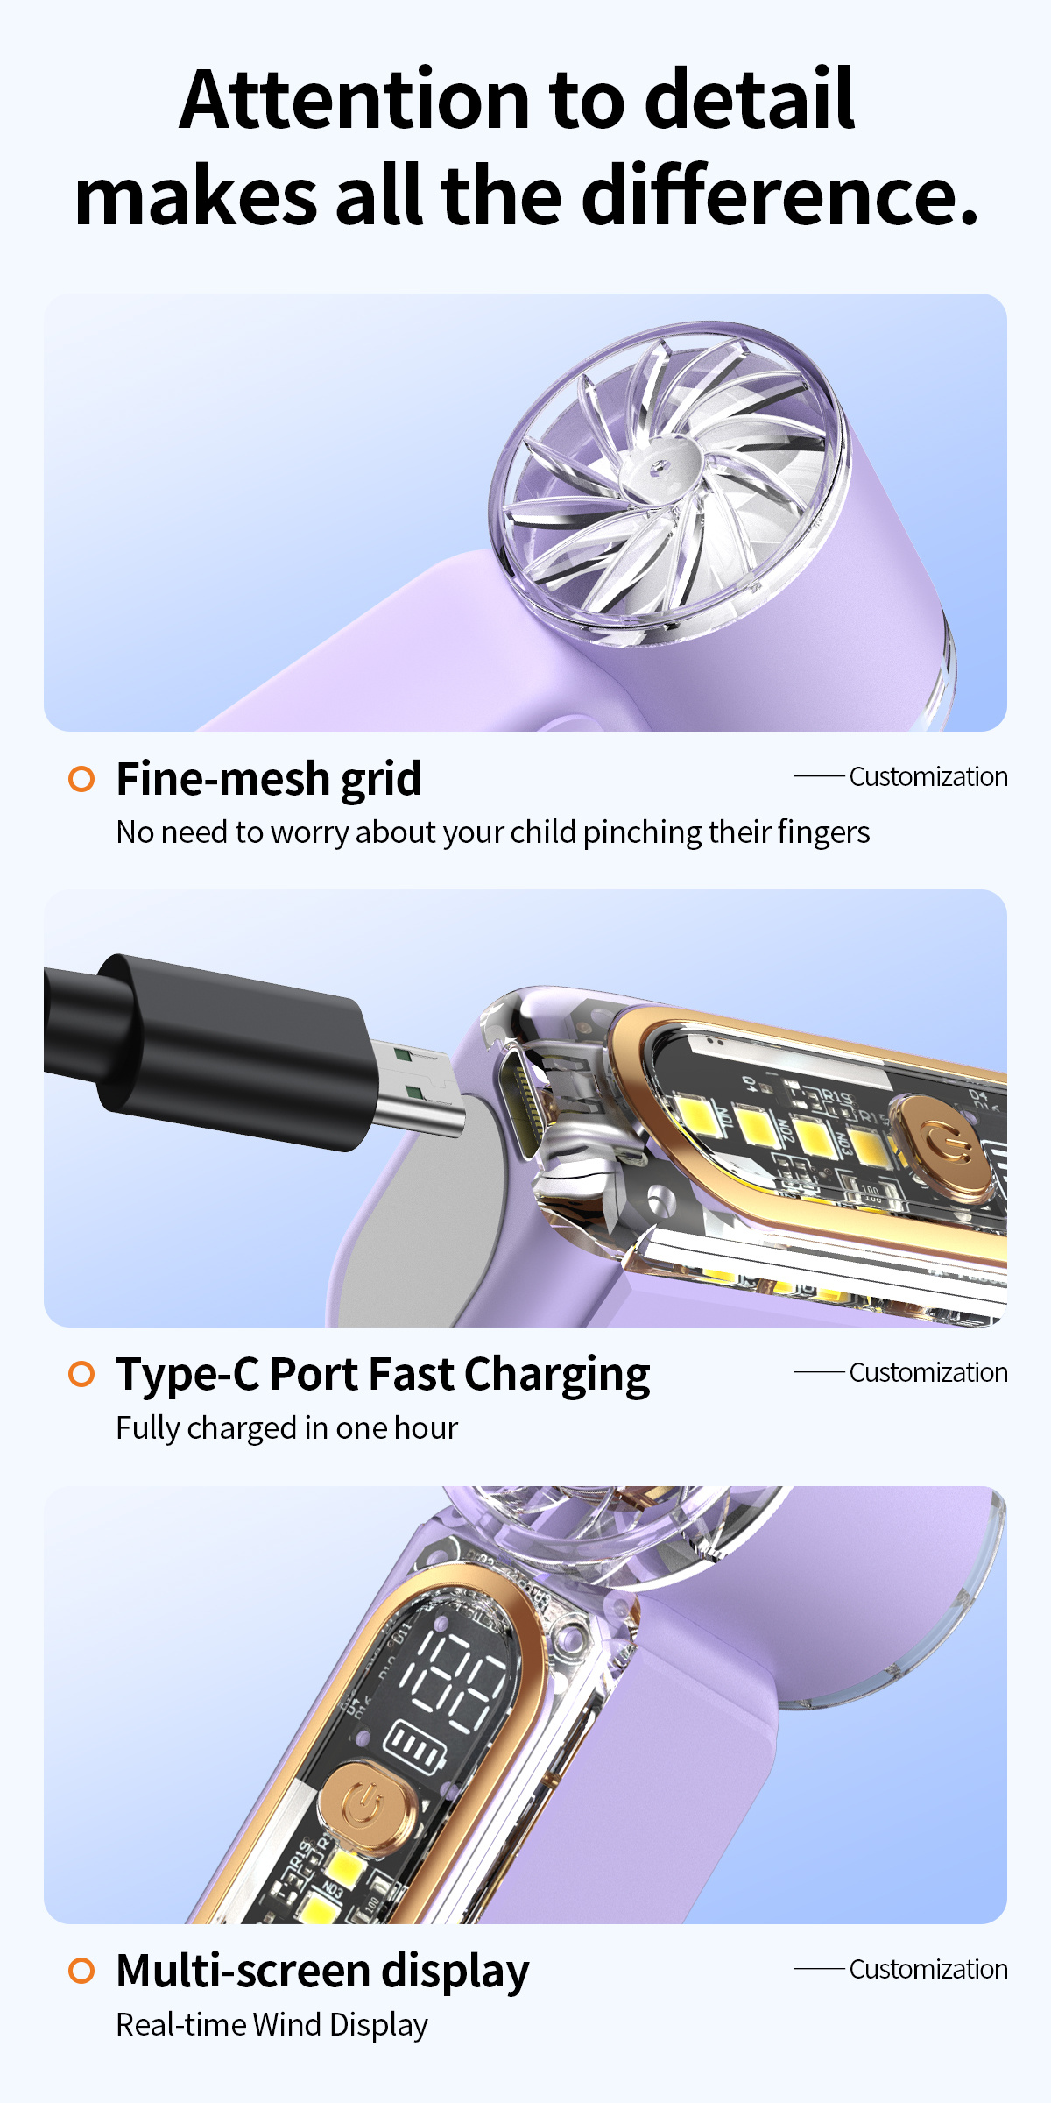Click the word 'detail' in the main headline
coord(750,98)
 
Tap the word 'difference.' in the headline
coord(779,195)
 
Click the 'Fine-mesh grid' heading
coord(269,780)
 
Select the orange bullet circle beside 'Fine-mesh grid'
coord(81,778)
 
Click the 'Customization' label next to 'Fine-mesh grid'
coord(928,776)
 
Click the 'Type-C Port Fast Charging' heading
coord(384,1375)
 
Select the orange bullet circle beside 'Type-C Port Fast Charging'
coord(81,1374)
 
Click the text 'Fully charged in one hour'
coord(287,1428)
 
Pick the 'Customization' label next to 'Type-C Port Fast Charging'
coord(928,1372)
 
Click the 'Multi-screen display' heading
coord(323,1972)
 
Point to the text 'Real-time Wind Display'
coord(272,2025)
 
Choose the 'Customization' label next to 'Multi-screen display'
coord(928,1969)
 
